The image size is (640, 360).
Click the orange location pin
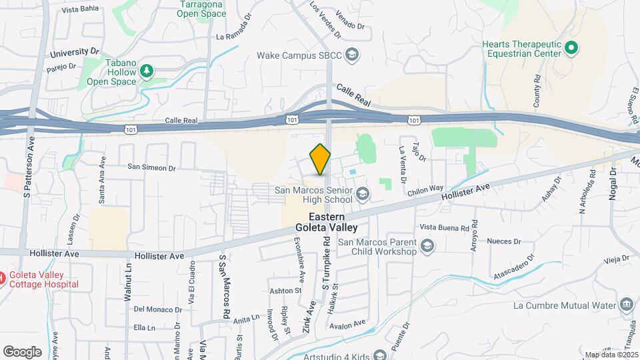click(x=321, y=159)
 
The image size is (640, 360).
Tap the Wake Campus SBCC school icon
click(x=353, y=54)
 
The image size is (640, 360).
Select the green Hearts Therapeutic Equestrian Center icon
click(x=571, y=47)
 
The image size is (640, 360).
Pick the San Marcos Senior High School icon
click(x=363, y=195)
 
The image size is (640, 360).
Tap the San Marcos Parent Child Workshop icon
click(x=427, y=248)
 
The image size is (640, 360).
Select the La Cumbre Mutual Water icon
click(x=627, y=305)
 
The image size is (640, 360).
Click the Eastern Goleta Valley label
click(x=327, y=222)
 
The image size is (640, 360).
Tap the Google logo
click(x=23, y=351)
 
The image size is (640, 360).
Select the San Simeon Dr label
click(x=151, y=168)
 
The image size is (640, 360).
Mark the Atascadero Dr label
click(x=511, y=265)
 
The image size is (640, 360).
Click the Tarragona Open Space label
click(x=203, y=9)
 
